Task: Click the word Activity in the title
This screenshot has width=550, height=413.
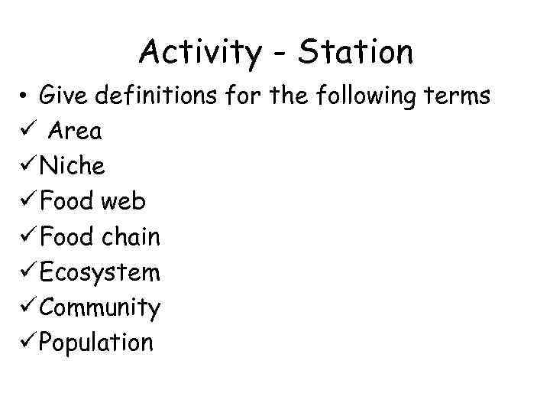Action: point(200,53)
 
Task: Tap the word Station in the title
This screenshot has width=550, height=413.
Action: point(356,52)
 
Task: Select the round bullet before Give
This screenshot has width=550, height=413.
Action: point(25,97)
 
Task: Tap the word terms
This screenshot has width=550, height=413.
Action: point(457,96)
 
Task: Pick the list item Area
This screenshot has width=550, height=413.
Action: point(75,132)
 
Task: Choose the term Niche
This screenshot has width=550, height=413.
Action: point(73,166)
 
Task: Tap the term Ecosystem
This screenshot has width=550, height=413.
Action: point(99,272)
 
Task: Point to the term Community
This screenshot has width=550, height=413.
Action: point(99,308)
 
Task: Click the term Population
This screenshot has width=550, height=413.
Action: point(95,343)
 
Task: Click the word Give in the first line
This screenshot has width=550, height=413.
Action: point(63,96)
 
